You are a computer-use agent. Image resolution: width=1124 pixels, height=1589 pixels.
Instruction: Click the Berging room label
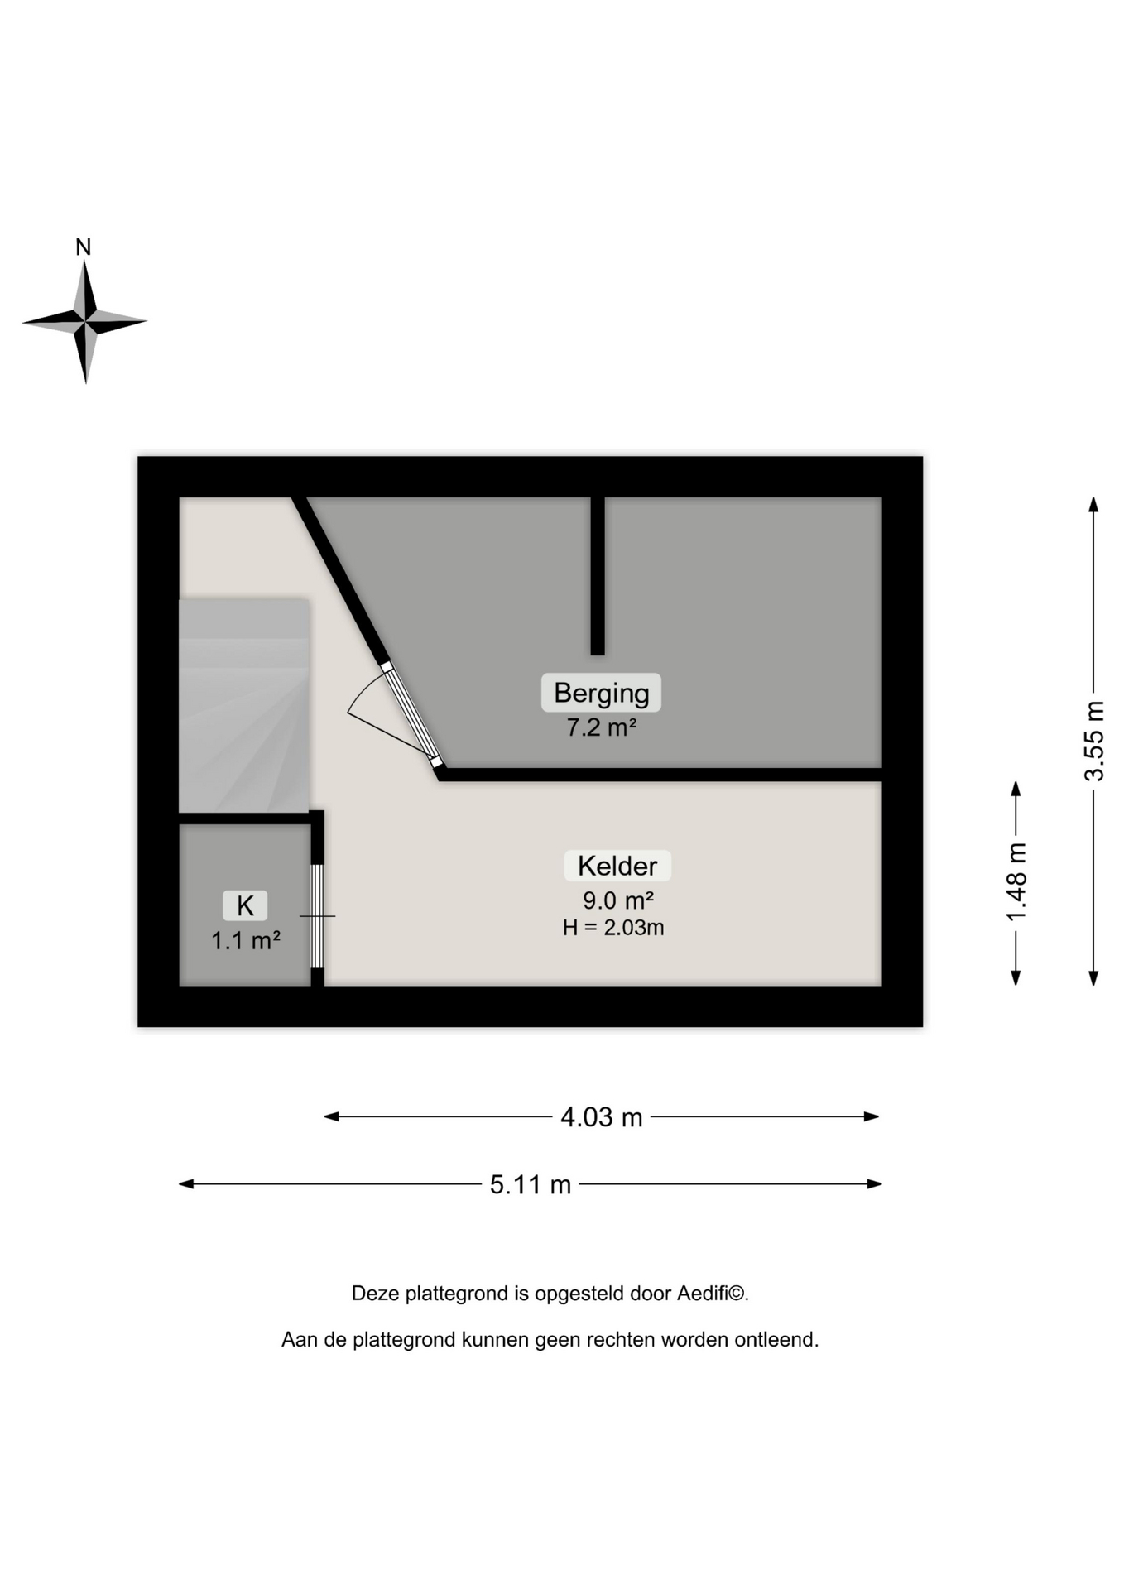(x=601, y=693)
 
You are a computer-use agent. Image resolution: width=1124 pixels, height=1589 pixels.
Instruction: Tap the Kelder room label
(x=617, y=866)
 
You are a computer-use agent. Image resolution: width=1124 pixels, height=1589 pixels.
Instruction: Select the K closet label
(x=245, y=905)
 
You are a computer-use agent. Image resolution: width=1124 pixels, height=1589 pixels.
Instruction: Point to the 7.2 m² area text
(x=601, y=727)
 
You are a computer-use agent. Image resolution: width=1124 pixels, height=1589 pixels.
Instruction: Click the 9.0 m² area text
(x=618, y=900)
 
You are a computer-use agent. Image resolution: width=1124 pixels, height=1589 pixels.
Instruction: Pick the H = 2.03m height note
(x=613, y=928)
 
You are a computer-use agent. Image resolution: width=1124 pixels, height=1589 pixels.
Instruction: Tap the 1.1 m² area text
(x=246, y=941)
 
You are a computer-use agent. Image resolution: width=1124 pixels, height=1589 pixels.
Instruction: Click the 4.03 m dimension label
(x=602, y=1117)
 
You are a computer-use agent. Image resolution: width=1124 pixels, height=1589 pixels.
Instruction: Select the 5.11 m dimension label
(x=531, y=1184)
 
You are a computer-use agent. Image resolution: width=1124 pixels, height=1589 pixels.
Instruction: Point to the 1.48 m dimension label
(x=1016, y=882)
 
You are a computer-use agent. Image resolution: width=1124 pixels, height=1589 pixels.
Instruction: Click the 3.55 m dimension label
(x=1094, y=741)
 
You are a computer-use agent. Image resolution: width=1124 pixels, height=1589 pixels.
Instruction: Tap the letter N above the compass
(x=84, y=247)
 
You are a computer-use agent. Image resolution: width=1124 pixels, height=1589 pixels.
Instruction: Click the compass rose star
(x=84, y=321)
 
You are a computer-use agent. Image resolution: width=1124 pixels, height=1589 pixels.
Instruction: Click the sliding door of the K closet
(x=317, y=915)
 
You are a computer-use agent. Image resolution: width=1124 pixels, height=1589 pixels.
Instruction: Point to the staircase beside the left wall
(x=244, y=705)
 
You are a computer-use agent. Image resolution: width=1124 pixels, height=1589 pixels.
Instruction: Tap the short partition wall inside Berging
(x=598, y=576)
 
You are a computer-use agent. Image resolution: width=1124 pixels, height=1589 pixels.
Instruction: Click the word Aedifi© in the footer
(x=713, y=1293)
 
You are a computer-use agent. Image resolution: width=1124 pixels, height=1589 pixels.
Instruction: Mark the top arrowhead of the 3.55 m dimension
(x=1093, y=504)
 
